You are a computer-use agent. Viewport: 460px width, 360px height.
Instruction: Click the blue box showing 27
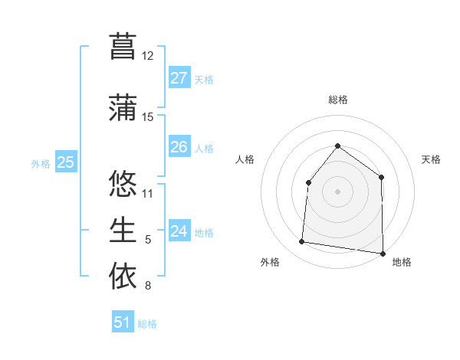coord(179,78)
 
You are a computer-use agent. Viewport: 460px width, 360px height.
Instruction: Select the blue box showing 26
coord(179,147)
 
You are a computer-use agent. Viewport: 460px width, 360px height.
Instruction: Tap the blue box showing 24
coord(179,231)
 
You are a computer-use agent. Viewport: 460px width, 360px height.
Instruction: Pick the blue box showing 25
coord(65,162)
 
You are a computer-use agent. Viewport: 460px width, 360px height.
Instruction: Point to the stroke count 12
coord(148,56)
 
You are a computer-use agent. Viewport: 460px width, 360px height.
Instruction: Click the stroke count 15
coord(148,117)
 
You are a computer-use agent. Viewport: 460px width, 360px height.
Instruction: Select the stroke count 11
coord(148,193)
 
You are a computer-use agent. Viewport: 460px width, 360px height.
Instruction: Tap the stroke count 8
coord(148,286)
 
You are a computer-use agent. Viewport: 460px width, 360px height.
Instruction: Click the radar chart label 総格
coord(337,100)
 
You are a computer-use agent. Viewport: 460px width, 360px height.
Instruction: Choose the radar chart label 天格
coord(431,159)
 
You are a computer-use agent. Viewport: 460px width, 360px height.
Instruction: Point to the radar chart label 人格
coord(245,159)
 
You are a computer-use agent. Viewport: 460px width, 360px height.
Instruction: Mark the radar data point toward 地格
coord(383,253)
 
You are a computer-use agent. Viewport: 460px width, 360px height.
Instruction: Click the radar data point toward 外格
coord(301,242)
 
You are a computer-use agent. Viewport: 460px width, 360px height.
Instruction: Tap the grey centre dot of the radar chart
coord(337,190)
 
